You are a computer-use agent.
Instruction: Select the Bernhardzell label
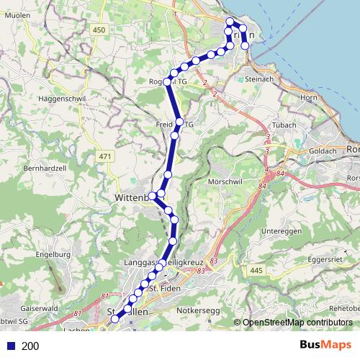45,167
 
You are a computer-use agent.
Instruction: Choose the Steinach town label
259,79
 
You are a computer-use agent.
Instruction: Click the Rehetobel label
343,308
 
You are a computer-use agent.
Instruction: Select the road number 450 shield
99,30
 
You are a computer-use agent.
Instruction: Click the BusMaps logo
325,345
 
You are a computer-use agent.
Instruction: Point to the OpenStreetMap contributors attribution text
297,323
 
